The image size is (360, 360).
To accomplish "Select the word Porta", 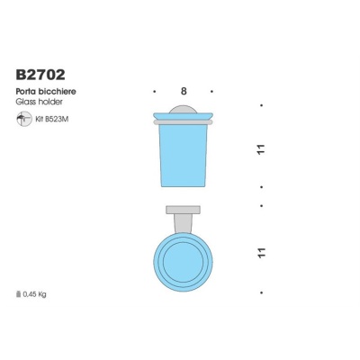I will pyautogui.click(x=28, y=93).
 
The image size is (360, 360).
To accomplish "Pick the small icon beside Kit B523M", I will pyautogui.click(x=22, y=118).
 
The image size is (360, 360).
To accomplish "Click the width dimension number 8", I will pyautogui.click(x=183, y=92).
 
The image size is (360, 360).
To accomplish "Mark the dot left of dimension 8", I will pyautogui.click(x=155, y=92).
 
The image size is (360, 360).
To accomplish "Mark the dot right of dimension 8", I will pyautogui.click(x=211, y=92).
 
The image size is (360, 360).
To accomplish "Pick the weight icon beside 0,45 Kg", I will pyautogui.click(x=20, y=293).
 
